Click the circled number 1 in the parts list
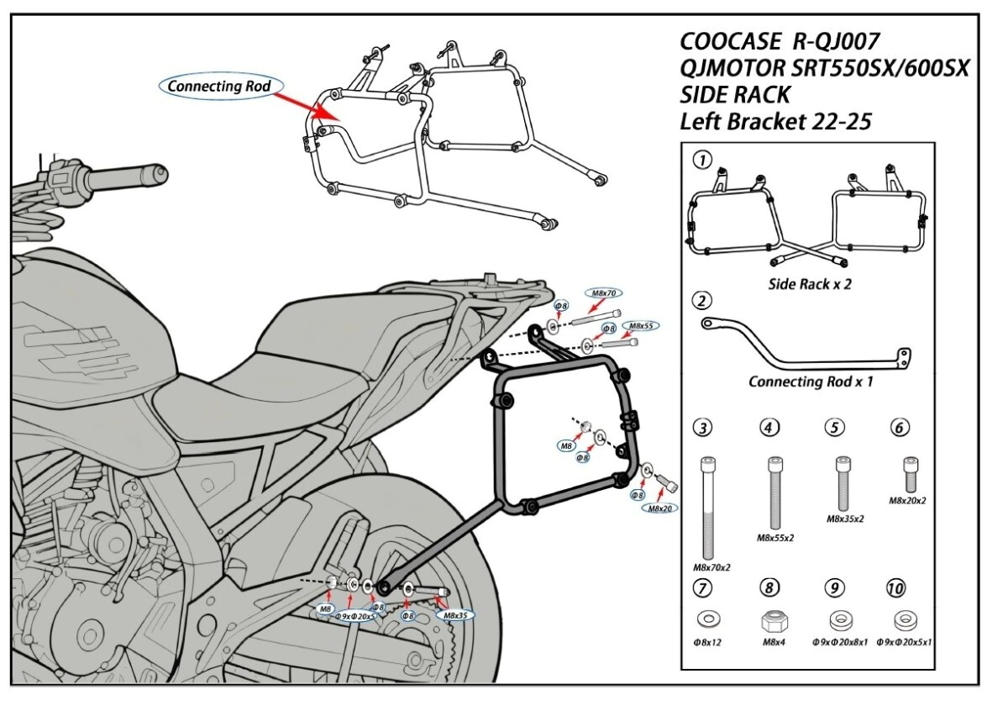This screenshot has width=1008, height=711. click(704, 160)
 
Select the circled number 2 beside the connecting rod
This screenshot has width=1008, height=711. click(704, 300)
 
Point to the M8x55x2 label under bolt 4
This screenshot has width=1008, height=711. click(774, 537)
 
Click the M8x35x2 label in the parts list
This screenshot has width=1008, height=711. click(843, 518)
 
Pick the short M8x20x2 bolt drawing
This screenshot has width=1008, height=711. click(908, 474)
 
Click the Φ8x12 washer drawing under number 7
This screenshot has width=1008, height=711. click(709, 620)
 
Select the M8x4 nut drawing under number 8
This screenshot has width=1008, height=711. click(772, 621)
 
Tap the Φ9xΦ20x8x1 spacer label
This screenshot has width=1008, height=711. click(837, 642)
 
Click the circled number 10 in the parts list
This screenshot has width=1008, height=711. click(895, 587)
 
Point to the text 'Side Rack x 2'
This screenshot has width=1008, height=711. click(810, 284)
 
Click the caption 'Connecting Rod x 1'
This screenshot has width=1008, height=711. click(811, 382)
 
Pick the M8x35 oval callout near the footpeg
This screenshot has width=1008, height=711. click(454, 615)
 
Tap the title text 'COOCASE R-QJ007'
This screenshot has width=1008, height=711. click(780, 41)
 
